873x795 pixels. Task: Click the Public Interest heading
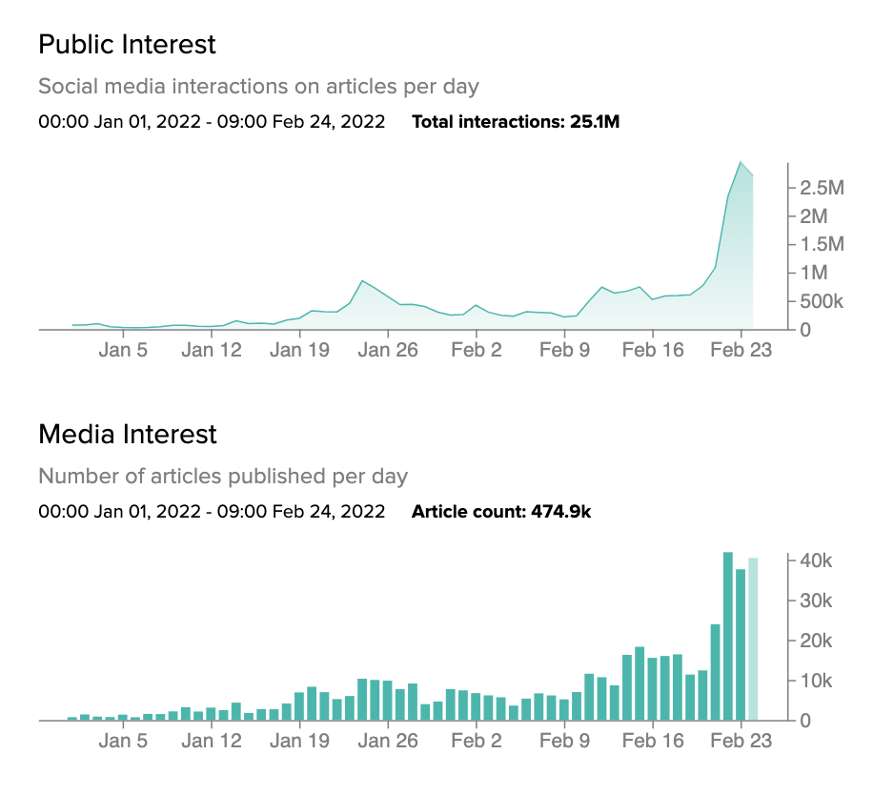click(x=127, y=44)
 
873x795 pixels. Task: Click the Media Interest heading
click(x=128, y=435)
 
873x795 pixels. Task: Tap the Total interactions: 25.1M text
click(x=516, y=121)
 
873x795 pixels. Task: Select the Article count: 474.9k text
click(x=501, y=512)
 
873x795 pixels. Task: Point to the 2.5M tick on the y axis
click(x=822, y=188)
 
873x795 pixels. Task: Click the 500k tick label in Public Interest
click(x=822, y=301)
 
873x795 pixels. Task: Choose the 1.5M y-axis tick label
click(x=822, y=245)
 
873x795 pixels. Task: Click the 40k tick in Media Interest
click(x=816, y=561)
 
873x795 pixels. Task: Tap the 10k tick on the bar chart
click(x=816, y=681)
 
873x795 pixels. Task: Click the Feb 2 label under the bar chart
click(x=477, y=741)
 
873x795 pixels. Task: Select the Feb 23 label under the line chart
click(x=741, y=350)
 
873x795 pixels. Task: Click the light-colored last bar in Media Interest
click(x=753, y=639)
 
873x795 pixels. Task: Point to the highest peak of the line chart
click(x=741, y=162)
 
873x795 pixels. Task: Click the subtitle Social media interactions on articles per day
click(x=258, y=87)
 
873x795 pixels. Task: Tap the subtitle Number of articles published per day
click(x=223, y=476)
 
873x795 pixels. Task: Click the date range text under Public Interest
click(x=212, y=121)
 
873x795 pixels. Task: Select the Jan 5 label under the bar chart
click(x=123, y=741)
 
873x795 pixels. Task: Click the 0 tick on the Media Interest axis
click(x=804, y=721)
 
